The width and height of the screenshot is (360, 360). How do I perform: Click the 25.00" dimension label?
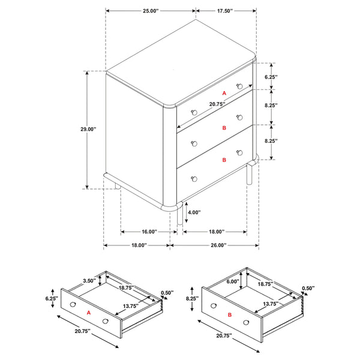(x=150, y=11)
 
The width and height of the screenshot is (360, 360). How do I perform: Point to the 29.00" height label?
(x=88, y=129)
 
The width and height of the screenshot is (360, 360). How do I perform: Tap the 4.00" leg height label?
(x=194, y=212)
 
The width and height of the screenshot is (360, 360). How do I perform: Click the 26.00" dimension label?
(x=218, y=245)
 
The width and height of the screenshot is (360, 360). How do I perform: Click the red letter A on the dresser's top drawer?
(x=224, y=94)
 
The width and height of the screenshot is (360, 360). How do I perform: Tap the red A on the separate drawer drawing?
(x=88, y=313)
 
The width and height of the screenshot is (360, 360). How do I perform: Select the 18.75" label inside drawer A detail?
(x=126, y=288)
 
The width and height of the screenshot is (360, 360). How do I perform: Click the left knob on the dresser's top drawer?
(x=194, y=112)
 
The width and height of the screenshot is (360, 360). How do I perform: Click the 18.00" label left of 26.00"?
(x=139, y=245)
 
